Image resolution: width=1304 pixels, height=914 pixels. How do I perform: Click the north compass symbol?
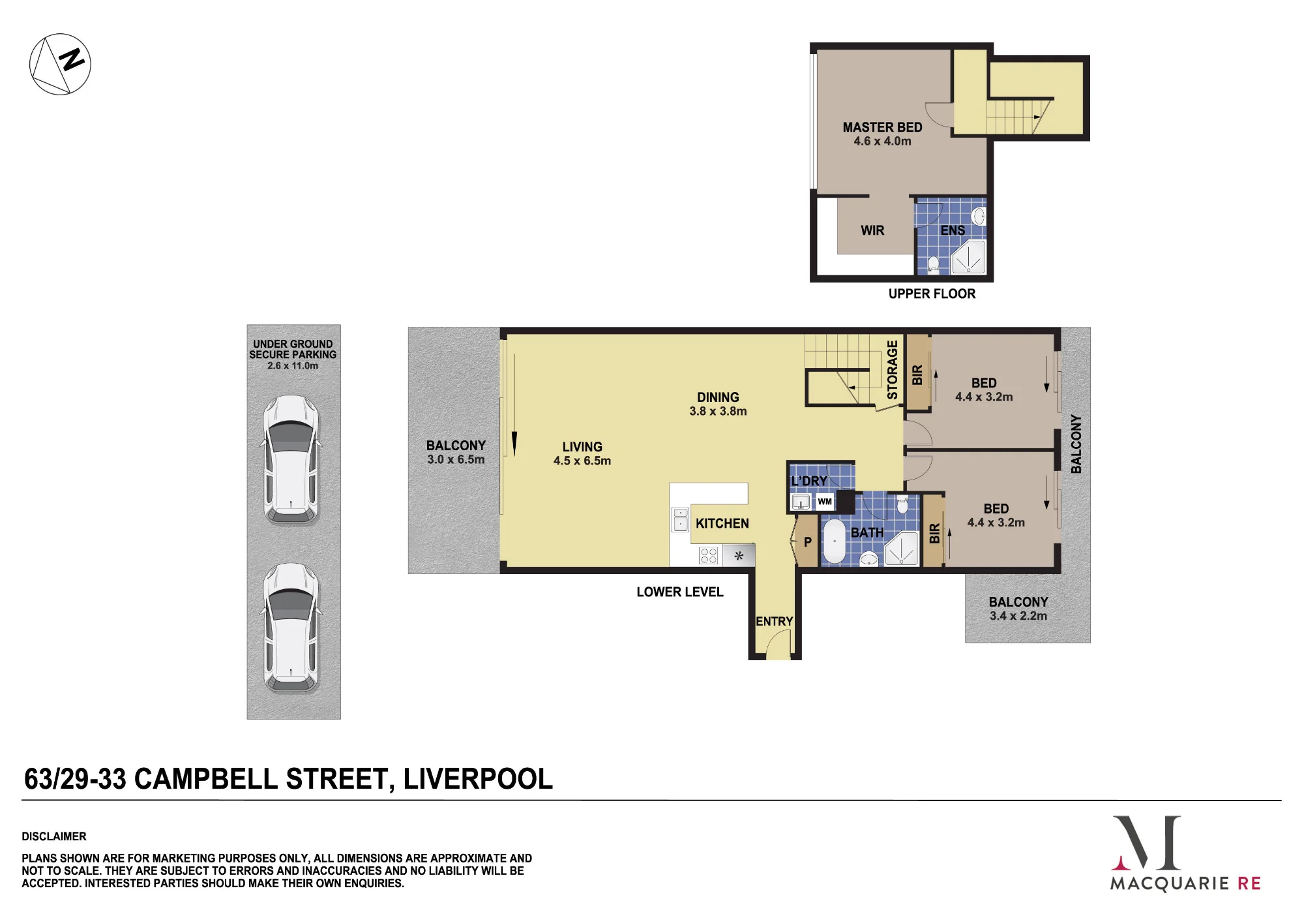[x=60, y=64]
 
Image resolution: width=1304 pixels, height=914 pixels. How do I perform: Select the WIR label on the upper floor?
[x=872, y=230]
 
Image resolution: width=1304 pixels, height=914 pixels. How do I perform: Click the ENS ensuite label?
[x=953, y=230]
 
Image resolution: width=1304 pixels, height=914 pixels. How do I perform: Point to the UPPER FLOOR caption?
[x=932, y=294]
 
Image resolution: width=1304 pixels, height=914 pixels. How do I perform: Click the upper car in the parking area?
[x=291, y=460]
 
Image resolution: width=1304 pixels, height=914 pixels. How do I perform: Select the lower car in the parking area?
[x=291, y=627]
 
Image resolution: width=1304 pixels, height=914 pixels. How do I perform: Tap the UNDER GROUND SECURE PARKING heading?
[x=293, y=349]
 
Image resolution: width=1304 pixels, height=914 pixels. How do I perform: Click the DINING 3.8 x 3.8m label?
[x=718, y=404]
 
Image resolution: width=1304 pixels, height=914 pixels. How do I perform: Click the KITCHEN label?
[x=722, y=523]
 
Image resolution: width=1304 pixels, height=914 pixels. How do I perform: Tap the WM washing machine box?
[x=825, y=502]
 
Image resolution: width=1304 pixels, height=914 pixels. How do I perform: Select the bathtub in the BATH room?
[x=834, y=541]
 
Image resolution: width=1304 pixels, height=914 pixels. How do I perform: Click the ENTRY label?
[x=774, y=621]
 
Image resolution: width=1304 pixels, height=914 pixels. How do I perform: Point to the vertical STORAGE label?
[x=892, y=370]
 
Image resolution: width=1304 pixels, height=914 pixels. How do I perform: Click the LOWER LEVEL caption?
[x=680, y=592]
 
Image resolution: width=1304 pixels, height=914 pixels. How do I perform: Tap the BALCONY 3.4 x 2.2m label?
[x=1018, y=609]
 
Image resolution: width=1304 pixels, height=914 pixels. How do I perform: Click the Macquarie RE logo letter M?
[x=1147, y=842]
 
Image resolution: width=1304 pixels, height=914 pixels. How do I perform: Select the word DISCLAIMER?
[x=54, y=836]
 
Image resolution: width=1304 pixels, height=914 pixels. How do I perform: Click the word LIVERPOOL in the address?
[x=478, y=779]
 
